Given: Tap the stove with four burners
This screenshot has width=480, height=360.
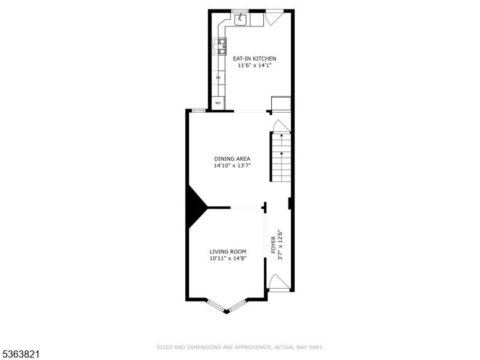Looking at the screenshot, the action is (220, 47).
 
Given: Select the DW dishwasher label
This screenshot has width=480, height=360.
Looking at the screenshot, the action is (218, 77).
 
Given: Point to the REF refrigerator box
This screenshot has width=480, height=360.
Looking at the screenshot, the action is (218, 103).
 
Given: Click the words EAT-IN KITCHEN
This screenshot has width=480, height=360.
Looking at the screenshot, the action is (254, 58).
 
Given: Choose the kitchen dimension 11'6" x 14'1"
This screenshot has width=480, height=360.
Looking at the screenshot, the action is (254, 65).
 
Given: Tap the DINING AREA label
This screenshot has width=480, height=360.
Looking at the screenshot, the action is (232, 158).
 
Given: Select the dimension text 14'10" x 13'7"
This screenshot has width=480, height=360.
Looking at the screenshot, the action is (232, 166).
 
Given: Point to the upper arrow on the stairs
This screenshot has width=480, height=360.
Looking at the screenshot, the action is (281, 137).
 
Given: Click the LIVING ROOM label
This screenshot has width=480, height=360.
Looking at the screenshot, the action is (228, 251).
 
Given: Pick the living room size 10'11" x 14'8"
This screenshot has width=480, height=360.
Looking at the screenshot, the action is (228, 259).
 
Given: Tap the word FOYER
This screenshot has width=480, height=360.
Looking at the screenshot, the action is (274, 245).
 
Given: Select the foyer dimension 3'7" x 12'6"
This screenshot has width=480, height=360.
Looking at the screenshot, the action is (280, 245).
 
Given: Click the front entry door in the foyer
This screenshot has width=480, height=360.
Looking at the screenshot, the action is (278, 281).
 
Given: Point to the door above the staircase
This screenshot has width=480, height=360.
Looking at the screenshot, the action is (281, 126).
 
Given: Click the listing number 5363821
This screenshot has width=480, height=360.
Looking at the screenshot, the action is (20, 354).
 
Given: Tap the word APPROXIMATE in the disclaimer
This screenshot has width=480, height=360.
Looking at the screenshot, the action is (253, 347).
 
